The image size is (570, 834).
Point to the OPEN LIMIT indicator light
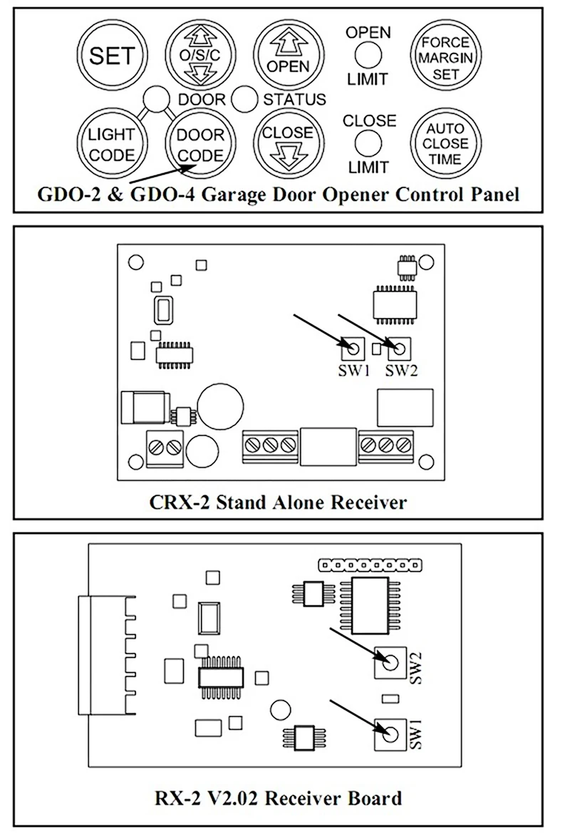[368, 55]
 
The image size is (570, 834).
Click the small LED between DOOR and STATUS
[244, 98]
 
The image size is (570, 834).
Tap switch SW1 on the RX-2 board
[388, 732]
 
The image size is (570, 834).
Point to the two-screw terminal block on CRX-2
[165, 448]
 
